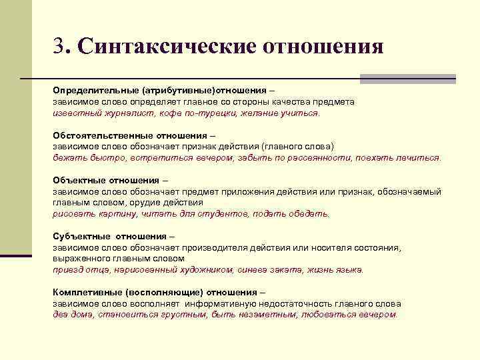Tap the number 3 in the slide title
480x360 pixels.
point(60,47)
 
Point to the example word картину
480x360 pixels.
point(118,214)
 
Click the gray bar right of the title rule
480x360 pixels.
point(407,79)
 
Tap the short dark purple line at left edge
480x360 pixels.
point(16,255)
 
